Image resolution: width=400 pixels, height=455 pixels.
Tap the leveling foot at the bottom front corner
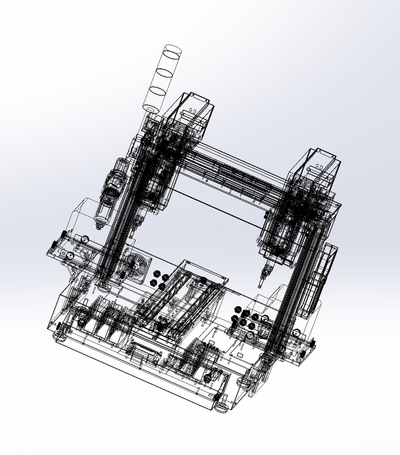pyautogui.click(x=221, y=407)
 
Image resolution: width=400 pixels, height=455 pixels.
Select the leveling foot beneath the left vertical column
pyautogui.click(x=104, y=286)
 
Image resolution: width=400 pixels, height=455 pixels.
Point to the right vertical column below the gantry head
pyautogui.click(x=291, y=295)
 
